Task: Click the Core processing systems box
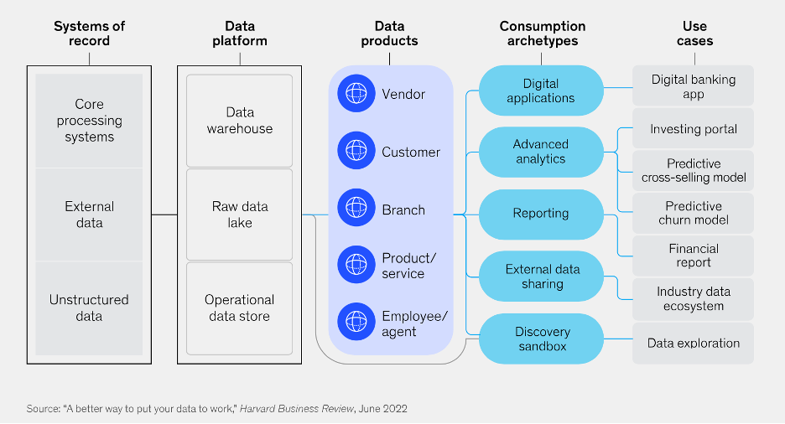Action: tap(89, 120)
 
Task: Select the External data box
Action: tap(89, 214)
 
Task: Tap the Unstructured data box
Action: tap(89, 308)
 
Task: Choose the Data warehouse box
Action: tap(240, 120)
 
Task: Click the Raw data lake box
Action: tap(240, 214)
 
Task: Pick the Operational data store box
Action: tap(240, 308)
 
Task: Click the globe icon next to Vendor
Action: tap(356, 94)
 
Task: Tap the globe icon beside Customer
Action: tap(356, 152)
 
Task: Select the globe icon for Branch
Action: tap(356, 209)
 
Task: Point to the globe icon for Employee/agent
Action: tap(356, 323)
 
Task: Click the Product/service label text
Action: tap(408, 266)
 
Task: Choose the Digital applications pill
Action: tap(541, 90)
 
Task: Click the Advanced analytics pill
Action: tap(541, 152)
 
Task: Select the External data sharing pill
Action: tap(541, 277)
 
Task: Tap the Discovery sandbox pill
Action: tap(541, 339)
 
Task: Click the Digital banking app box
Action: tap(693, 86)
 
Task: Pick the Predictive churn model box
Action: tap(693, 213)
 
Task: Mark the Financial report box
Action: tap(693, 256)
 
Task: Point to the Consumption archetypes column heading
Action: tap(542, 33)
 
